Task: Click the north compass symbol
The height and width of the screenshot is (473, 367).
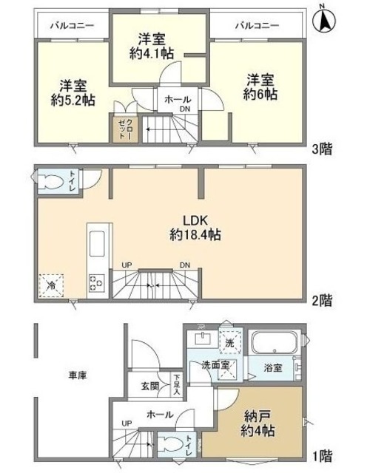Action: pos(324,21)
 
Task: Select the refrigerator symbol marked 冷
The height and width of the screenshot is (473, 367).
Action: pos(52,283)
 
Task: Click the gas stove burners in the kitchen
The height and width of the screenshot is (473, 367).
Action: pos(96,282)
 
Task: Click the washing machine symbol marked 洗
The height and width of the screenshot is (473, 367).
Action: pos(229,343)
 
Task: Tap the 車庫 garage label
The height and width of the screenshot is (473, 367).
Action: pos(78,375)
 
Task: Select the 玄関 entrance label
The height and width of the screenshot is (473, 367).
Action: pos(149,386)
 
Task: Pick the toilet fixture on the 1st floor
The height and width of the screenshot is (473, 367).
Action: pos(169,443)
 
